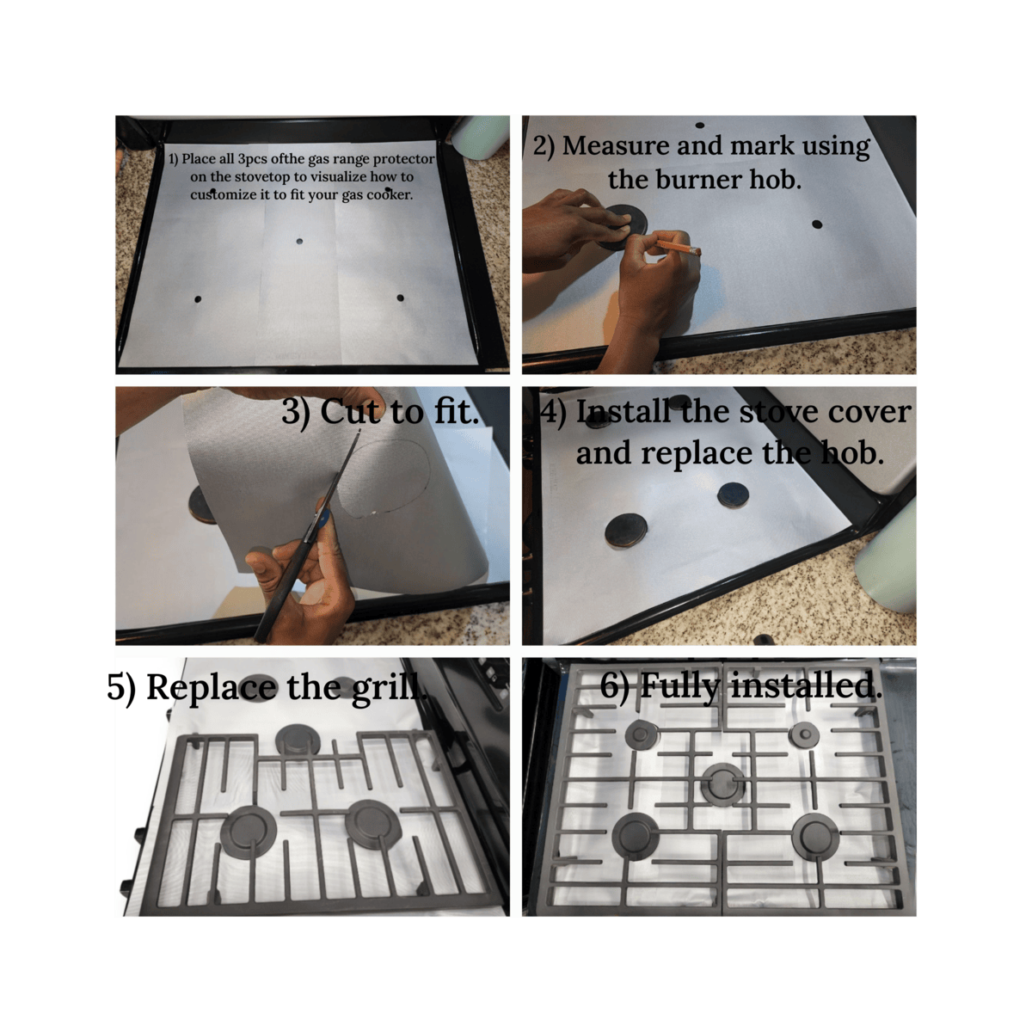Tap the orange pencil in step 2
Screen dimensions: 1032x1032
click(678, 248)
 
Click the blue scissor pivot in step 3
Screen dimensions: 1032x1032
click(323, 518)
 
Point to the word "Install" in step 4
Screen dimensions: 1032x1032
click(623, 413)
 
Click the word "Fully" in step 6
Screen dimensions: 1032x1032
click(680, 686)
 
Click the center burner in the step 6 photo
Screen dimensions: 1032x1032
click(723, 784)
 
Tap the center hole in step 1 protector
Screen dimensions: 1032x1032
click(299, 242)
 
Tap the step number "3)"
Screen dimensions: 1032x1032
click(296, 413)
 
